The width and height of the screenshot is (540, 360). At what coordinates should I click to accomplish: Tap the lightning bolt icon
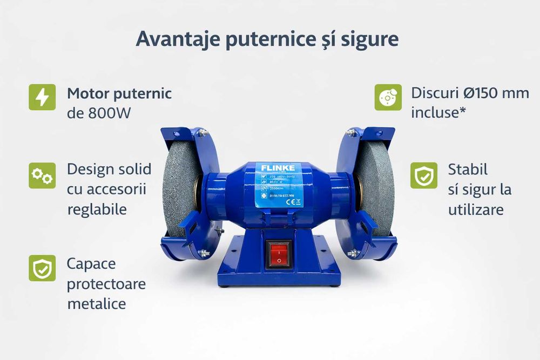pos(42,97)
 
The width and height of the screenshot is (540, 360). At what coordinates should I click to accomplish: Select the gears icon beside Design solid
pos(42,175)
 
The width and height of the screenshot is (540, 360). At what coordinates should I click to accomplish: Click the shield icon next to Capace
pos(42,268)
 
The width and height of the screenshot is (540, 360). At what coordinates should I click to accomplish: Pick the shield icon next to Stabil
pos(424,175)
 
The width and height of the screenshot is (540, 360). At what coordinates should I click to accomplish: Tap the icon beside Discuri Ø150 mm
pos(388,97)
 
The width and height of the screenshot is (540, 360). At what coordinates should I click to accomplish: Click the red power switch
pos(279,253)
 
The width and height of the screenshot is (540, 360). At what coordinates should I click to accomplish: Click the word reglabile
pos(97,209)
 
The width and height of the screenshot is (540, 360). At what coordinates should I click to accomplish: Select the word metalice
pos(97,303)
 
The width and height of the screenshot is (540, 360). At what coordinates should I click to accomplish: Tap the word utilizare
pos(476,209)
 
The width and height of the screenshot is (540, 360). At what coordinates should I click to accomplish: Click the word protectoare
pos(106,283)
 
